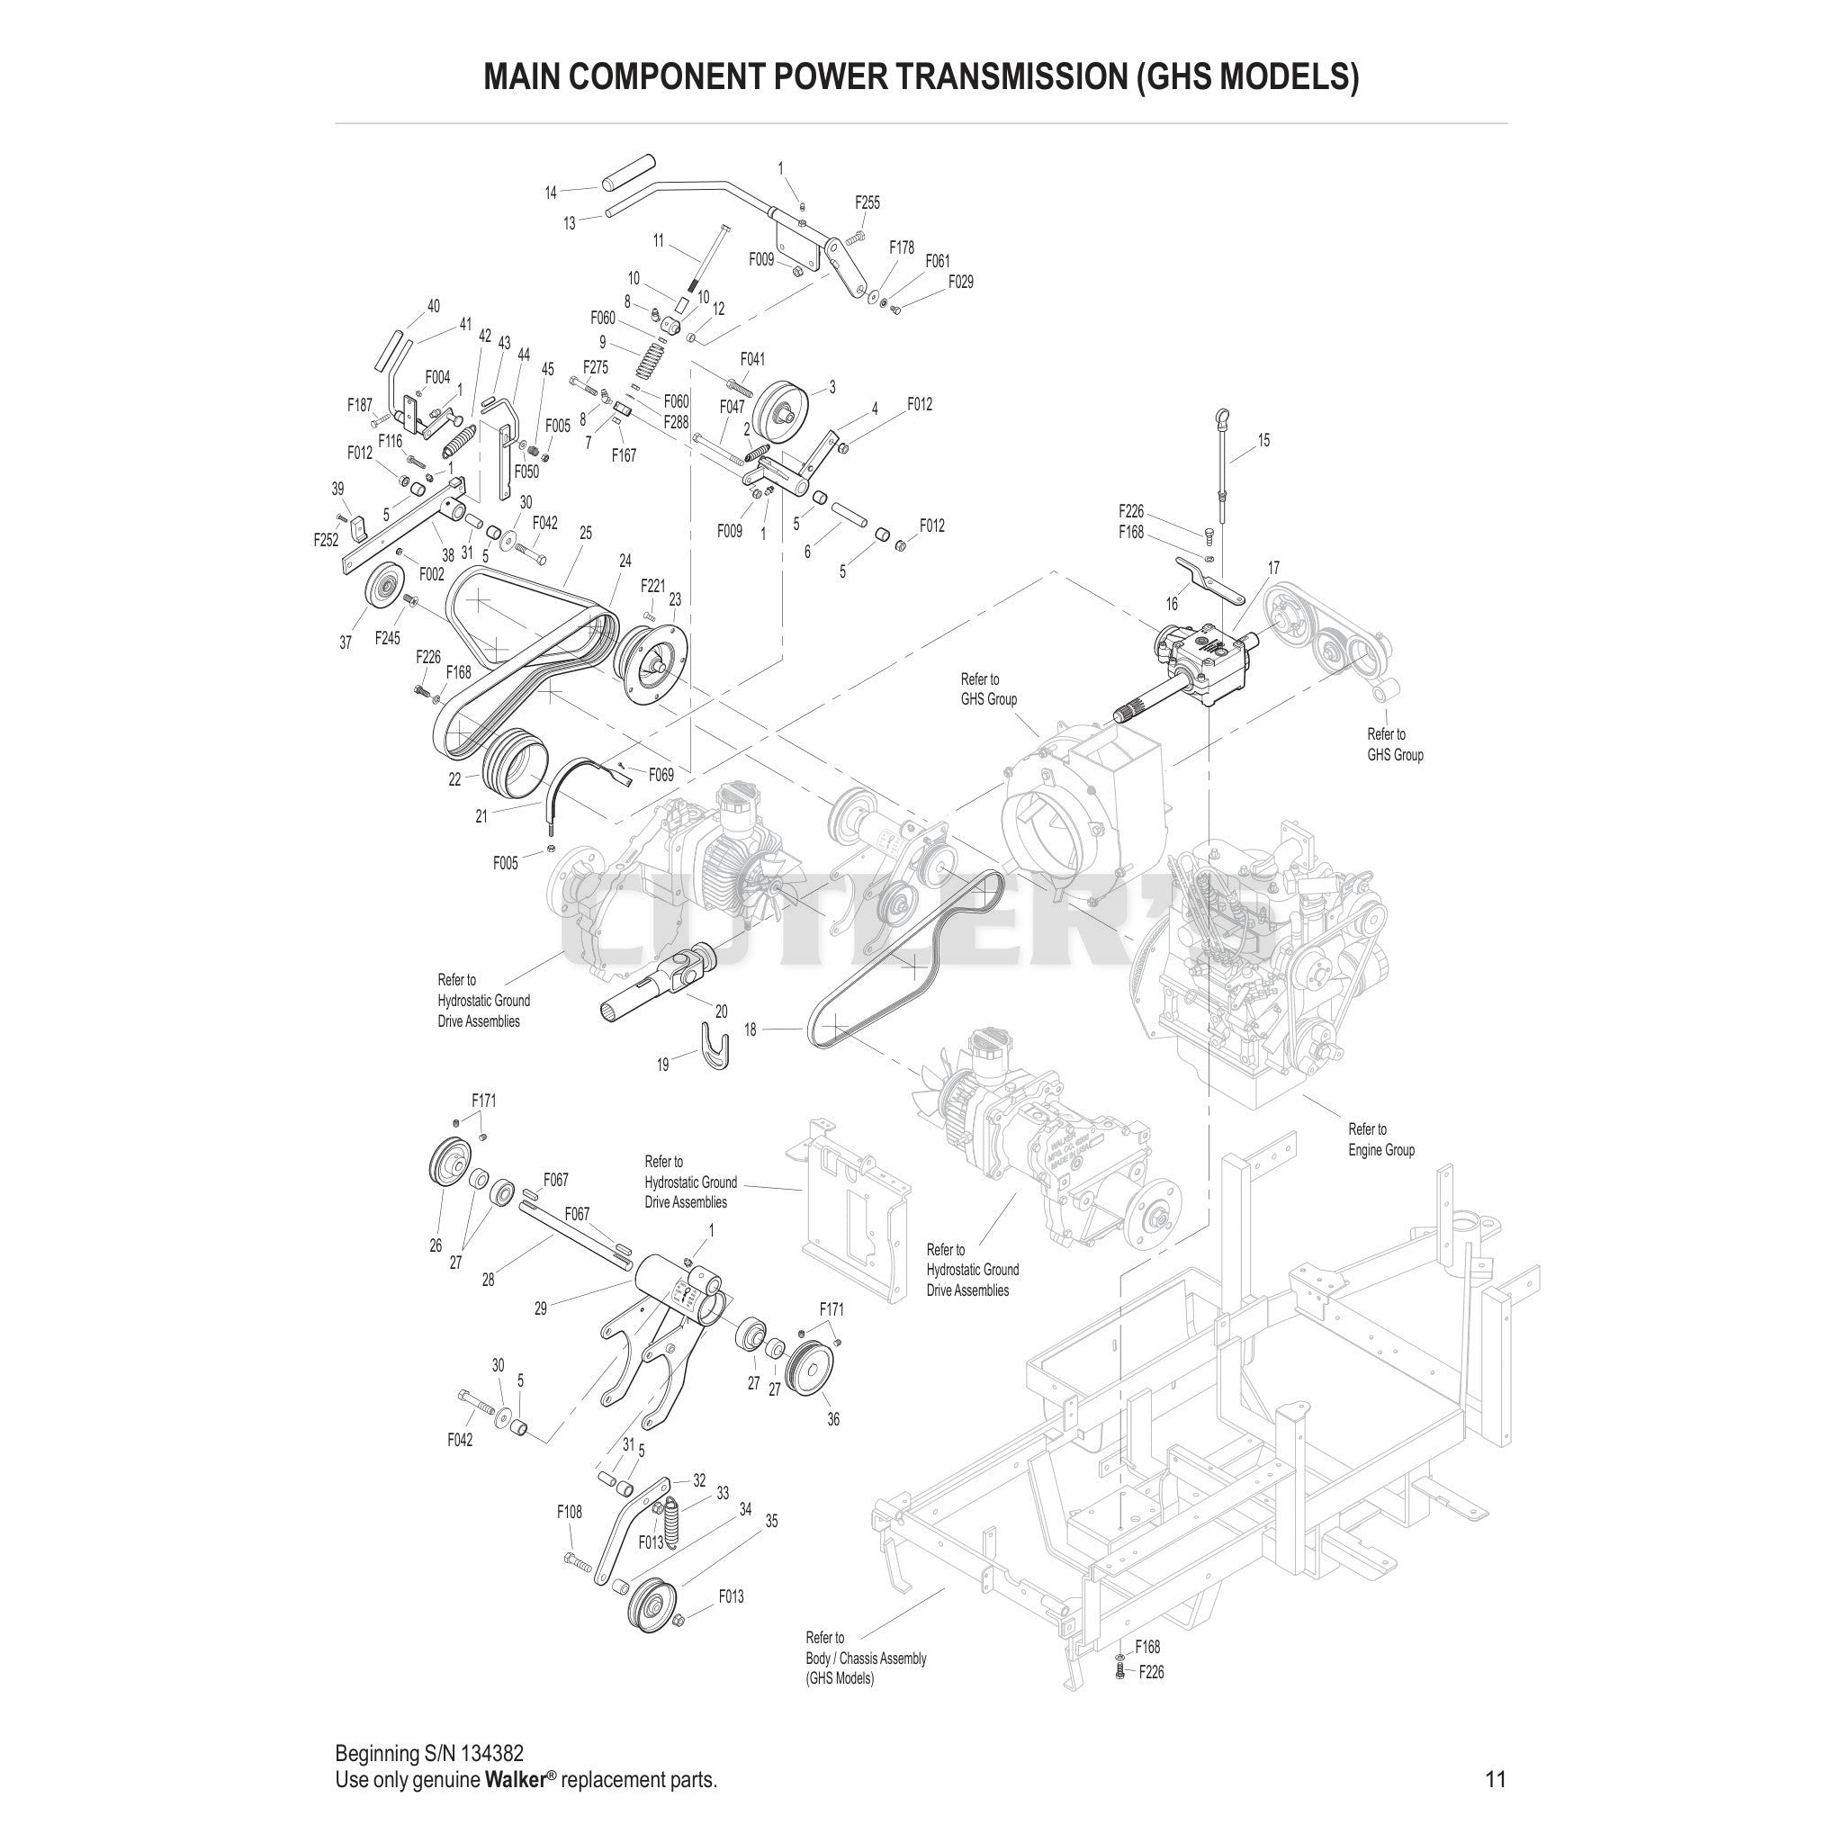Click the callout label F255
(x=868, y=202)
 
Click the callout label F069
(x=661, y=775)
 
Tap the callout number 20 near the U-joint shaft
(x=720, y=1011)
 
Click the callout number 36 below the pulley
(x=832, y=1446)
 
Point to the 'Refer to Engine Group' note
(x=1380, y=1140)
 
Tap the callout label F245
(x=387, y=638)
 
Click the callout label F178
(x=902, y=248)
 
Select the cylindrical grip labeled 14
(x=625, y=171)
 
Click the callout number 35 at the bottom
(x=772, y=1521)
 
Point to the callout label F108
(x=570, y=1512)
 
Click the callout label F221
(x=652, y=585)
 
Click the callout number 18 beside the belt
(x=751, y=1030)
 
